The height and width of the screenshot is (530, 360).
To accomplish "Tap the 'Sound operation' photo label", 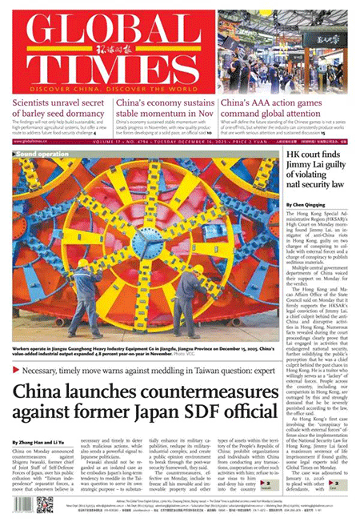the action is [x=38, y=152].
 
